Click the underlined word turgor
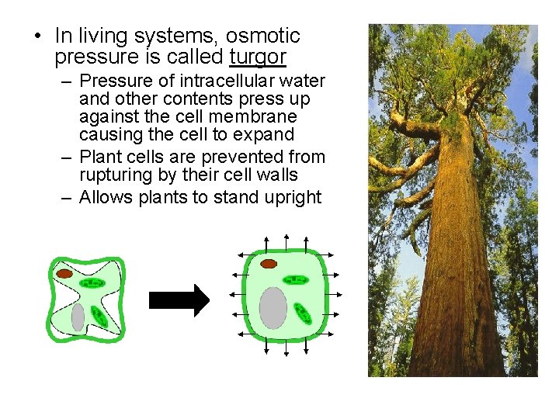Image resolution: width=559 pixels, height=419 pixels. click(258, 57)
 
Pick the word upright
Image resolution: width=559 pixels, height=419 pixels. click(292, 198)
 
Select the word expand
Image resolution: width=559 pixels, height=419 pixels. click(264, 135)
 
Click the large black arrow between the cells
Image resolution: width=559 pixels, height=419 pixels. click(179, 300)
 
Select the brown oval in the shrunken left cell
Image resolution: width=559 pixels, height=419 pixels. click(63, 273)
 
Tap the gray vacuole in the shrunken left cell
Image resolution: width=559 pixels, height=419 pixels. click(78, 317)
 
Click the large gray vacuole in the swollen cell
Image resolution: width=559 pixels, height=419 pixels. click(273, 307)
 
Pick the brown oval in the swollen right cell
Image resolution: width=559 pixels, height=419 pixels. click(269, 264)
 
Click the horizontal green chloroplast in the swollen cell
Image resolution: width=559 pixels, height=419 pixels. click(296, 279)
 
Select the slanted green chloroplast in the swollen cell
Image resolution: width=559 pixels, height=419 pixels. click(302, 313)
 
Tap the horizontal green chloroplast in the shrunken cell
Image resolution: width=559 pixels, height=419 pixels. click(92, 283)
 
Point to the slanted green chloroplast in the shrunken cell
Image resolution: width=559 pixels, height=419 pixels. click(99, 315)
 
